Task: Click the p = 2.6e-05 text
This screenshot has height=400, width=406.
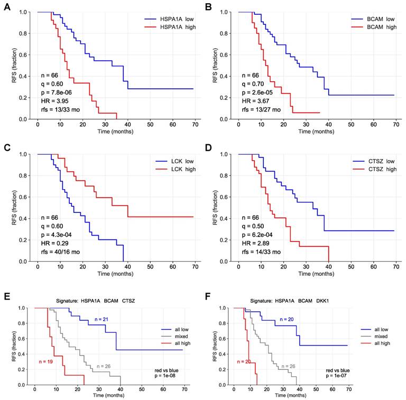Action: [x=262, y=90]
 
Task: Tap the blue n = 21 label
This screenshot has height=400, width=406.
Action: [x=106, y=320]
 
